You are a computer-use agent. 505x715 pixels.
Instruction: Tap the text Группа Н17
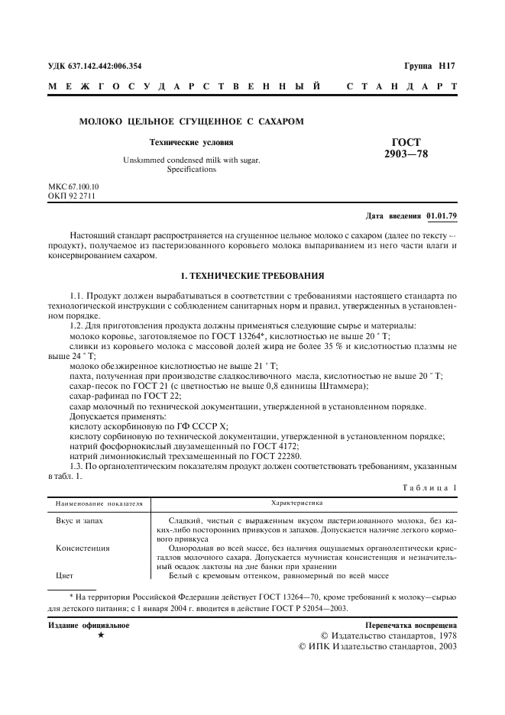click(x=429, y=66)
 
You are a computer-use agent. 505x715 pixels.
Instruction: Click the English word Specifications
click(x=191, y=170)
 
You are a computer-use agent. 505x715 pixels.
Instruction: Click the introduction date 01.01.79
click(x=442, y=217)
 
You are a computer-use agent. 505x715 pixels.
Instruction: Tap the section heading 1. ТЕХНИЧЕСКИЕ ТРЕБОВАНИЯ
click(x=252, y=274)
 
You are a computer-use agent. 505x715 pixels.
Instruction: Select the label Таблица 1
click(x=429, y=487)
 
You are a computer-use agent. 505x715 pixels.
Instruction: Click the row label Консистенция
click(x=83, y=548)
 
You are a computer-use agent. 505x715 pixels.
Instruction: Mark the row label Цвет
click(x=64, y=576)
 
